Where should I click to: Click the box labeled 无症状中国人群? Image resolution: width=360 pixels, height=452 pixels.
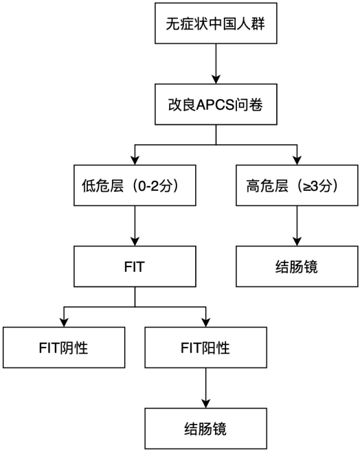(216, 23)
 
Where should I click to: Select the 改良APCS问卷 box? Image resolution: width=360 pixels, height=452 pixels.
(216, 104)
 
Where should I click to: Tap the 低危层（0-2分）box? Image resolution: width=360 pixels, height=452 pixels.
(135, 185)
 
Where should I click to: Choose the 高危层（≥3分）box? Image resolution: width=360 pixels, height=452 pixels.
(297, 185)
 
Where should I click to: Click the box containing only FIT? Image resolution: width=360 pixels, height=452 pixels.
(135, 267)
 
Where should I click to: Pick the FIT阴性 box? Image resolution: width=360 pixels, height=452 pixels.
(64, 348)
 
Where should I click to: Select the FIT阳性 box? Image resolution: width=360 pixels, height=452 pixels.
(206, 348)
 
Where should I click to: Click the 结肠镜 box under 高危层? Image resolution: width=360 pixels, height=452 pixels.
(297, 267)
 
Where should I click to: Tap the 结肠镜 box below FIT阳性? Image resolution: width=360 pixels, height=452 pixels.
(206, 429)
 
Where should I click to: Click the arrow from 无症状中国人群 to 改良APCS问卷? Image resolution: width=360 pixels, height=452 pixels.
(216, 64)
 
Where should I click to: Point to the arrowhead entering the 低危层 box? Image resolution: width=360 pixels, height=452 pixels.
(135, 161)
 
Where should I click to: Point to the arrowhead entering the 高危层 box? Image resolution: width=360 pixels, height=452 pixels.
(297, 161)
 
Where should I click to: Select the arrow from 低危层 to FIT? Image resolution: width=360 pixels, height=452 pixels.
(135, 226)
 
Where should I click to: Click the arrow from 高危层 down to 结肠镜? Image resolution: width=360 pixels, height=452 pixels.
(297, 226)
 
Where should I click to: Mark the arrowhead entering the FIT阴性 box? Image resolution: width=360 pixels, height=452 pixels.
(64, 323)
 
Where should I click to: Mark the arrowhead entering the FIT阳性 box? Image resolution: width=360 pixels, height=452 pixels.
(206, 323)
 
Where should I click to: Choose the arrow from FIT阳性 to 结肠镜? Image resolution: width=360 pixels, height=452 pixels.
(206, 387)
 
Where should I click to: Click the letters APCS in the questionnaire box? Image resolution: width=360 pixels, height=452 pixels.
(215, 105)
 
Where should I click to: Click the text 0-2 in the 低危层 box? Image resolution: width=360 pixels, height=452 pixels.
(148, 186)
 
